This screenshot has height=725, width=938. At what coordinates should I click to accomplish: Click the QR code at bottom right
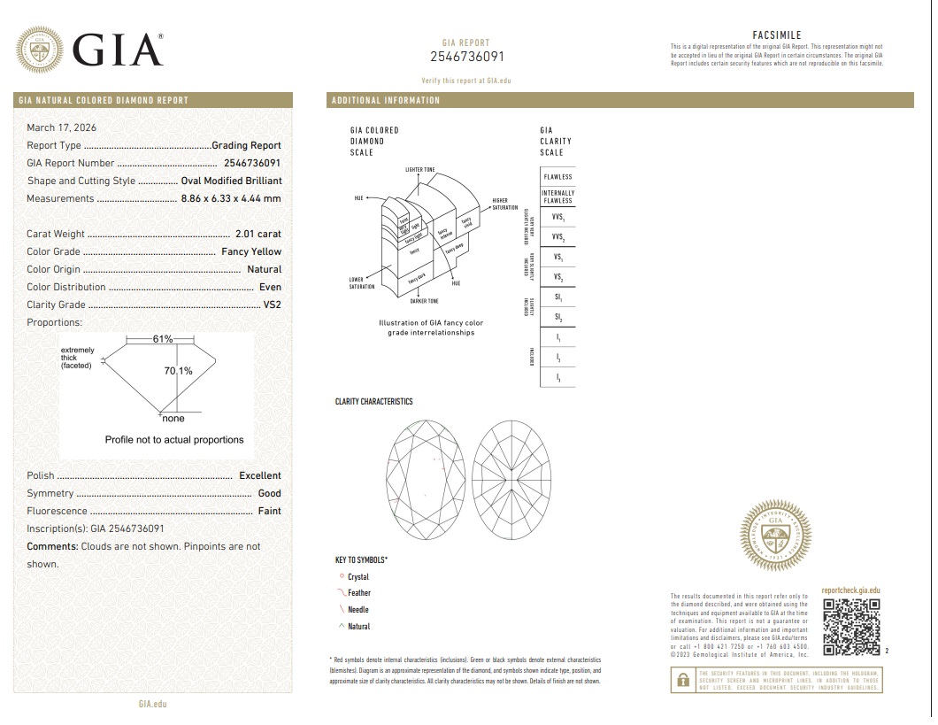852,629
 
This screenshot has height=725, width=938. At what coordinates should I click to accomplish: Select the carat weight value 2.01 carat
258,234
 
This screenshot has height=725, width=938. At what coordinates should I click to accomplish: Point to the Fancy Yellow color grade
251,251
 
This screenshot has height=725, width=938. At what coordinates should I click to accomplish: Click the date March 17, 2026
60,127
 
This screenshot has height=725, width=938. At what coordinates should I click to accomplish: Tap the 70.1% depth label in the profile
178,371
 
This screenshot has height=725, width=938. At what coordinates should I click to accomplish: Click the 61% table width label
163,339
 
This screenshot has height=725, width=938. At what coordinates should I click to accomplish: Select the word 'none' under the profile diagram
173,419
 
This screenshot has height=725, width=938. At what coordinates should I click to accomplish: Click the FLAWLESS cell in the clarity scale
557,177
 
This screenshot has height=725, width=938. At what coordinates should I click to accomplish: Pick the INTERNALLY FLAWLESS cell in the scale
557,197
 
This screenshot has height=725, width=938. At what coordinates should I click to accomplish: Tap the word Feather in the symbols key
359,593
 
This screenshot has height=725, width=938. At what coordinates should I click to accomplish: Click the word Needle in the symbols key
358,610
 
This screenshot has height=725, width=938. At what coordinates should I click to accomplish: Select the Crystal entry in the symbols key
358,577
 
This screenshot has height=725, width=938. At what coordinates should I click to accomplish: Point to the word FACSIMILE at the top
776,35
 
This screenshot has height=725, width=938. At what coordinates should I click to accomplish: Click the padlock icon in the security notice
682,680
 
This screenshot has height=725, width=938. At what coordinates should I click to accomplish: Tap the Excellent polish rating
260,475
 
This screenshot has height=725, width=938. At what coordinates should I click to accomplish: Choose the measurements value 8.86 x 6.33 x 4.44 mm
230,198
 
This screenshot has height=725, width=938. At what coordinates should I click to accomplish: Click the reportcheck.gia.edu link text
850,590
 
